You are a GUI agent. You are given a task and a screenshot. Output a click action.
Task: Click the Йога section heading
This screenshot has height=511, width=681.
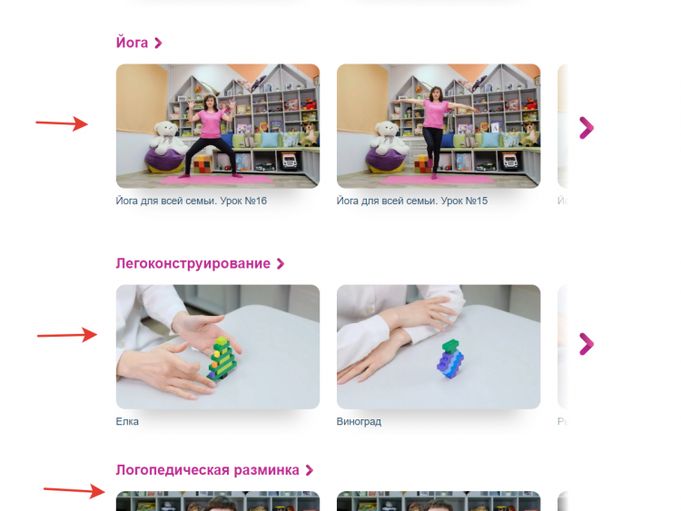(x=132, y=43)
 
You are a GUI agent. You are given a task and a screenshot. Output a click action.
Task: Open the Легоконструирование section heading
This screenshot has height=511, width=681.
(x=192, y=263)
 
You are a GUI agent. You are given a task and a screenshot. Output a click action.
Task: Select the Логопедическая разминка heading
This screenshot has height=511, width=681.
(x=208, y=470)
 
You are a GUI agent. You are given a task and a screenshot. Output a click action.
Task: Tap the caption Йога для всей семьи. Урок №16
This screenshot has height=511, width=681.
(x=191, y=201)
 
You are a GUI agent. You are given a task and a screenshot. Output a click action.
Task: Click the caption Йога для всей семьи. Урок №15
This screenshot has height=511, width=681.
(x=411, y=201)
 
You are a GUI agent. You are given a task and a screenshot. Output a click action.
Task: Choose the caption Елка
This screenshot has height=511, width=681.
(x=127, y=421)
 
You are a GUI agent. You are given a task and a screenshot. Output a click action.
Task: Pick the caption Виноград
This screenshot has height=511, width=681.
(x=359, y=421)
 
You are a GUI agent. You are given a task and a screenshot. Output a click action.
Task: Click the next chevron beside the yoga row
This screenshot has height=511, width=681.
(x=587, y=128)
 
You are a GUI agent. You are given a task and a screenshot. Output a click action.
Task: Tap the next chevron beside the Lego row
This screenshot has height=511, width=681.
(x=587, y=344)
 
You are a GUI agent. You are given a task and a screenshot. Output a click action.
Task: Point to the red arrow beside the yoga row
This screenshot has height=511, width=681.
(x=62, y=123)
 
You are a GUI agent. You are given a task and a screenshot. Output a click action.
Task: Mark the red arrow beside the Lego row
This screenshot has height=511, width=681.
(x=67, y=335)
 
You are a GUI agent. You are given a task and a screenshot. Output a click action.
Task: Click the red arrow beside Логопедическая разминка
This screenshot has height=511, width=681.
(x=74, y=491)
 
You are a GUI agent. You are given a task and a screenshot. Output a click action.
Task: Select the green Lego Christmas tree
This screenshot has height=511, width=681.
(x=222, y=359)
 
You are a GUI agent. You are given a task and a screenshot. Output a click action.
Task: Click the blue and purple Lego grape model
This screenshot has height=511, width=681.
(x=450, y=359)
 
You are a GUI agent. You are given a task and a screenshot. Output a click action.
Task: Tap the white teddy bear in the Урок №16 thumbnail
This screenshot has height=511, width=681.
(x=167, y=138)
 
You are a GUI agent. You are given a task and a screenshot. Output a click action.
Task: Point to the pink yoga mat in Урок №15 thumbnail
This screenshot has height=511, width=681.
(x=437, y=180)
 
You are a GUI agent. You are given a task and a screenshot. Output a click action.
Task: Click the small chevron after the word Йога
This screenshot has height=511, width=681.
(x=158, y=43)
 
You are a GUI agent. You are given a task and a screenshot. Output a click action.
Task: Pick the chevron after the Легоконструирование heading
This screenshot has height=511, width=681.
(x=281, y=263)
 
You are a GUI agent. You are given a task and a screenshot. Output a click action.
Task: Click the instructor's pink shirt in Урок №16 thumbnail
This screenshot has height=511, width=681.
(x=211, y=123)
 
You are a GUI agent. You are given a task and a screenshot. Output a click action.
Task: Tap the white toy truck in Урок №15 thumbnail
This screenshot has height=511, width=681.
(x=510, y=162)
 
